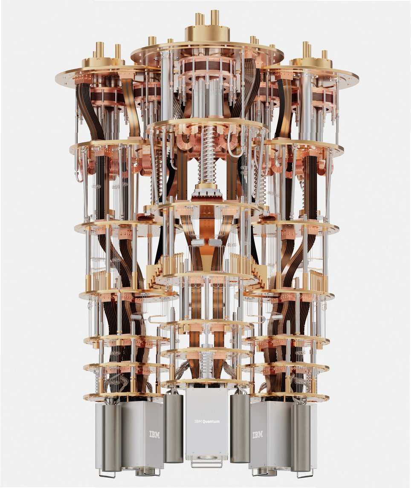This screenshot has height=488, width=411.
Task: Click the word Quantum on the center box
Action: [211, 421]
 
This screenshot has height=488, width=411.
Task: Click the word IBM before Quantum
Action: [198, 421]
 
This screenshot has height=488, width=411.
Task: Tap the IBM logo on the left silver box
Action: [155, 435]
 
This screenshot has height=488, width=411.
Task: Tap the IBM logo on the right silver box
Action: [258, 435]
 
